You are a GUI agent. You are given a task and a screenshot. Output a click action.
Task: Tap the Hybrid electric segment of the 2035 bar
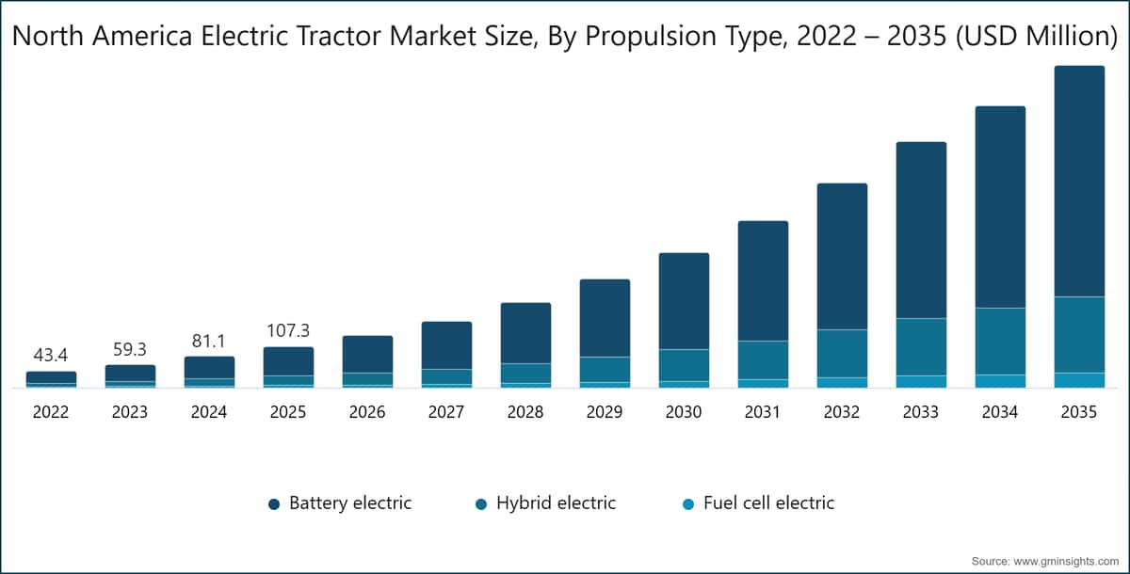coord(1079,334)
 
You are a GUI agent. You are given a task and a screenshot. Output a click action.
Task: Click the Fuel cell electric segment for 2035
coord(1079,380)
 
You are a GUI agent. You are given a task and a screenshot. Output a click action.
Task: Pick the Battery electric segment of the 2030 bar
coord(684,301)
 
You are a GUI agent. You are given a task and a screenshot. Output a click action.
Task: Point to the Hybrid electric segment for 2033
coord(921,346)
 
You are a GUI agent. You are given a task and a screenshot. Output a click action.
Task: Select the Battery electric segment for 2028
coord(525,333)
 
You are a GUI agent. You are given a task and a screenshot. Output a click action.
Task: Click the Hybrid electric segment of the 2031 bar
coord(763,359)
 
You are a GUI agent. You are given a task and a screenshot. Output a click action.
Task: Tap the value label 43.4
coord(51,356)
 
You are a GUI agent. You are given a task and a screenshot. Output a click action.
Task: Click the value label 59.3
coord(130,350)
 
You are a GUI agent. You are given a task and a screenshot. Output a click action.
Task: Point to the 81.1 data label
coord(209,341)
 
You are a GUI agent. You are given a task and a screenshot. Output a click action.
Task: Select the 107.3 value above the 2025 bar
coord(288,331)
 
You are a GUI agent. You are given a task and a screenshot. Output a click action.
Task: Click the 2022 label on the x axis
coord(51,412)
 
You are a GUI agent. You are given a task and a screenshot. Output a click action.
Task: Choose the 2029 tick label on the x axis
coord(605,412)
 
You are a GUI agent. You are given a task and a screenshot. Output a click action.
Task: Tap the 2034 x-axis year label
coord(1000,412)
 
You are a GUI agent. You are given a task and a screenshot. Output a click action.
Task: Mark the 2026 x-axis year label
coord(367,412)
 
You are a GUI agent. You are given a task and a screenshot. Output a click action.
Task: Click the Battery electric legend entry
coord(340,503)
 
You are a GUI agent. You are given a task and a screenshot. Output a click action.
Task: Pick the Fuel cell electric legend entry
coord(757,503)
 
